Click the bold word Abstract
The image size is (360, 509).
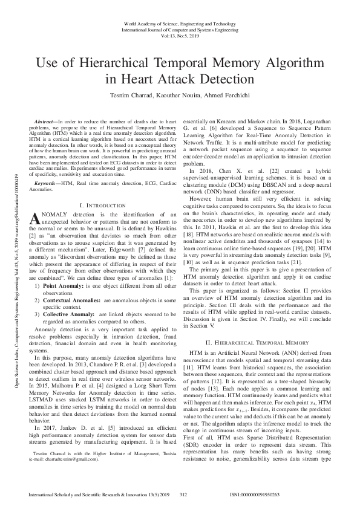click(x=50, y=122)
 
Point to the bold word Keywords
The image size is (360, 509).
click(x=48, y=182)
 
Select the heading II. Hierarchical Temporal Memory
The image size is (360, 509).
click(x=257, y=342)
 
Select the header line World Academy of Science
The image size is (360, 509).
click(x=180, y=22)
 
